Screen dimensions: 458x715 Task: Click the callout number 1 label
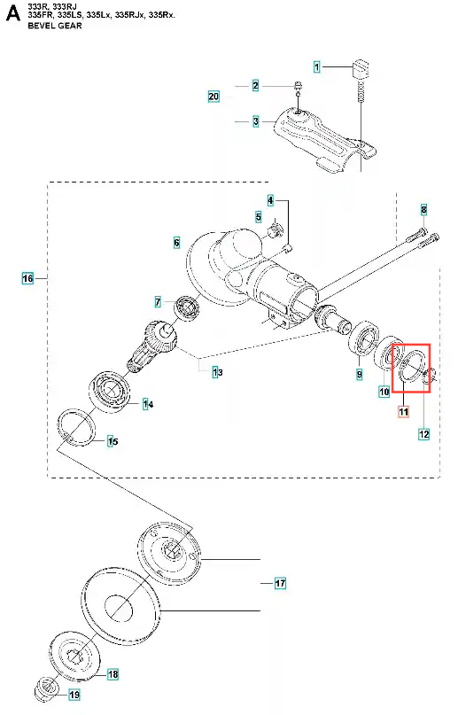coord(317,67)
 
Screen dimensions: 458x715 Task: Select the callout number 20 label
coord(213,97)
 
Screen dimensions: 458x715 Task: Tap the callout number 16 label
coord(27,278)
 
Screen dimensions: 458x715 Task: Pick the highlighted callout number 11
coord(404,412)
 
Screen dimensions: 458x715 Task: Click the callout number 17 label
coord(280,583)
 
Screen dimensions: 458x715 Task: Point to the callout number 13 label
coord(218,372)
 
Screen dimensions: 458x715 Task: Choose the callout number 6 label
coord(177,242)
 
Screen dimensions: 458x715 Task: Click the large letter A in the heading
coord(12,13)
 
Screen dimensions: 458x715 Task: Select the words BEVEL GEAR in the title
coord(55,26)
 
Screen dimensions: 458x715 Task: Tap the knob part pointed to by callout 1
coord(361,68)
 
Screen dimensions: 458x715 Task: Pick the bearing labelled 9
coord(363,339)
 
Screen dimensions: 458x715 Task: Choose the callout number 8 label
coord(423,210)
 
